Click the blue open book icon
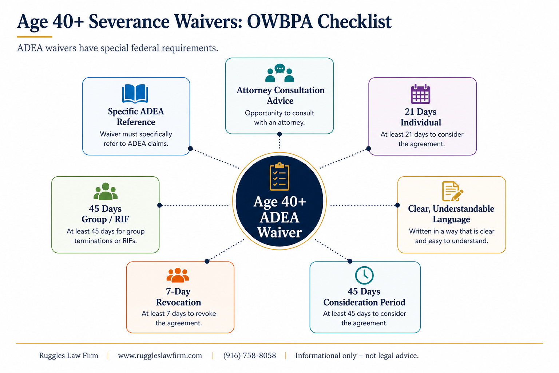pyautogui.click(x=135, y=94)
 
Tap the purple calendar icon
pyautogui.click(x=420, y=94)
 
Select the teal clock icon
pyautogui.click(x=364, y=275)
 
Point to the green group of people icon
pyautogui.click(x=106, y=191)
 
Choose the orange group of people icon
pyautogui.click(x=178, y=275)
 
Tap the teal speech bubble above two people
pyautogui.click(x=280, y=68)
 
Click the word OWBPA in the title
pyautogui.click(x=280, y=21)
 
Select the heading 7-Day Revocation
pyautogui.click(x=178, y=297)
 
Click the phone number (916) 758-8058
pyautogui.click(x=250, y=356)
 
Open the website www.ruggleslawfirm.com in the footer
pyautogui.click(x=160, y=356)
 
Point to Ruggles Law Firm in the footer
pyautogui.click(x=69, y=356)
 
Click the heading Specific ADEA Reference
pyautogui.click(x=136, y=117)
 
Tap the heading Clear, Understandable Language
pyautogui.click(x=451, y=214)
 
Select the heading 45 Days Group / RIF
pyautogui.click(x=105, y=214)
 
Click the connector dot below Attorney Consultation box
pyautogui.click(x=279, y=134)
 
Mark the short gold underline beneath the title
pyautogui.click(x=35, y=37)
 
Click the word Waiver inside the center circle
pyautogui.click(x=279, y=232)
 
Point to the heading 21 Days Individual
pyautogui.click(x=421, y=117)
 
